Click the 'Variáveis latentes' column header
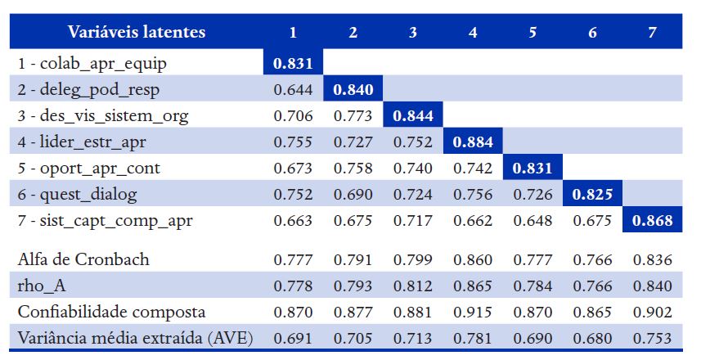pyautogui.click(x=137, y=33)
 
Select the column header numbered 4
pyautogui.click(x=473, y=33)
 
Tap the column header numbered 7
pyautogui.click(x=652, y=33)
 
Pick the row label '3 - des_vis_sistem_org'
pyautogui.click(x=102, y=115)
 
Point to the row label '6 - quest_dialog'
pyautogui.click(x=77, y=195)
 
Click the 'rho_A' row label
pyautogui.click(x=42, y=286)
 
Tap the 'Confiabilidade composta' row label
pyautogui.click(x=111, y=312)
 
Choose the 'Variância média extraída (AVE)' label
pyautogui.click(x=134, y=338)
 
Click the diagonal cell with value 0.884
pyautogui.click(x=473, y=142)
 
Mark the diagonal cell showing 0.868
pyautogui.click(x=652, y=221)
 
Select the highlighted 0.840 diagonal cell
pyautogui.click(x=353, y=88)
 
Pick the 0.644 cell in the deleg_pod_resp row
pyautogui.click(x=294, y=88)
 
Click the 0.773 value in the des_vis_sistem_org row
pyautogui.click(x=353, y=115)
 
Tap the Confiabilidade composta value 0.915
pyautogui.click(x=473, y=312)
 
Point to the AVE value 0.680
pyautogui.click(x=592, y=338)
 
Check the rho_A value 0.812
pyautogui.click(x=413, y=286)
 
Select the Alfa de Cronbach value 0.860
pyautogui.click(x=473, y=260)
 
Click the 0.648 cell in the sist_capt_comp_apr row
pyautogui.click(x=532, y=221)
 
